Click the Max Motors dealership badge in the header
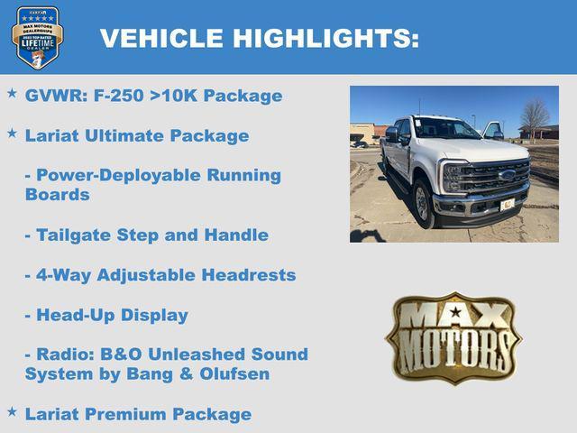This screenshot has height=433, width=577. pyautogui.click(x=38, y=37)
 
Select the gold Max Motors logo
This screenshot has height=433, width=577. pyautogui.click(x=453, y=337)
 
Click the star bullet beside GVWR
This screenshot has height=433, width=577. pyautogui.click(x=12, y=93)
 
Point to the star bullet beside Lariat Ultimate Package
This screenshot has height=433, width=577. pyautogui.click(x=12, y=134)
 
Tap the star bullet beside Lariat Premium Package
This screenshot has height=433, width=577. pyautogui.click(x=12, y=411)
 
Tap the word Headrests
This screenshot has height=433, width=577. pyautogui.click(x=252, y=275)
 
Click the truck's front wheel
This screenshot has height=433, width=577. pyautogui.click(x=424, y=203)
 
